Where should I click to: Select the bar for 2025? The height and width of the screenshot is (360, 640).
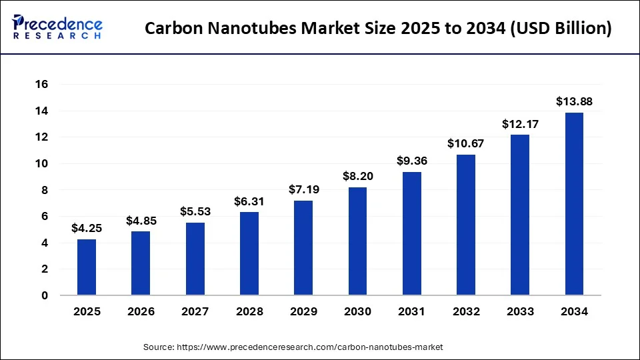87,267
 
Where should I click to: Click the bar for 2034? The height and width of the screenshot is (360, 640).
574,204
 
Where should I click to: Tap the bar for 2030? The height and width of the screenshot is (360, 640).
357,241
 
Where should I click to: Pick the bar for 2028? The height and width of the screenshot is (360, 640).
249,253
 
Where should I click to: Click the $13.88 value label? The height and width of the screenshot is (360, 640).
574,102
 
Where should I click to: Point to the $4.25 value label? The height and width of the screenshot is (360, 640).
87,229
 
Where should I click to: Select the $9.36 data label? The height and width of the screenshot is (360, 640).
411,161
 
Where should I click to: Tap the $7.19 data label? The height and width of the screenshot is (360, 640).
303,189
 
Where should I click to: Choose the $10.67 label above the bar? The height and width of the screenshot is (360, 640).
466,143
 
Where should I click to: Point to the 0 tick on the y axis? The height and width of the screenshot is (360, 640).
45,295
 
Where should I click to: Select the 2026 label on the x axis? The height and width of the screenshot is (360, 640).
141,311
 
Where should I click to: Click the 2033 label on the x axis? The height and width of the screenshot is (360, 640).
520,311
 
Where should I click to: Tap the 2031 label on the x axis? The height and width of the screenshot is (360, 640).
411,311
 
